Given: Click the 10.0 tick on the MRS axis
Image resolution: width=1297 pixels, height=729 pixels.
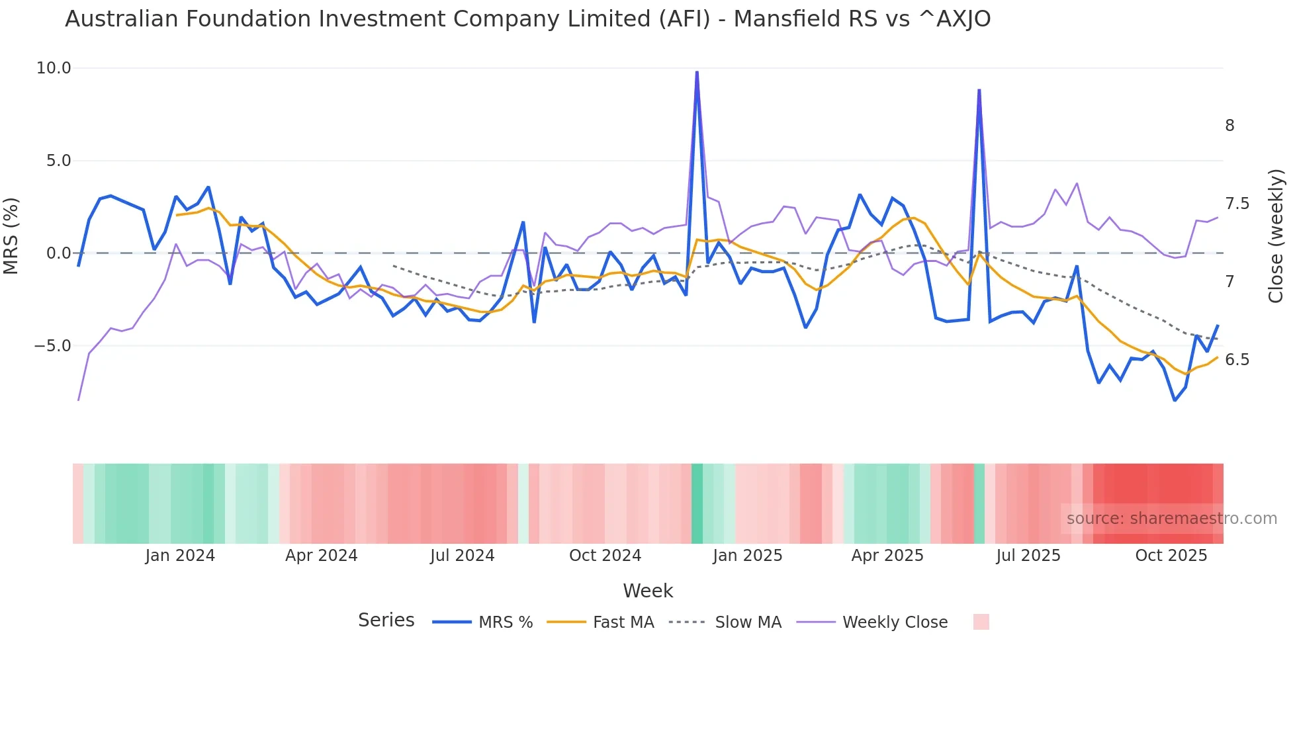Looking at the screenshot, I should (53, 68).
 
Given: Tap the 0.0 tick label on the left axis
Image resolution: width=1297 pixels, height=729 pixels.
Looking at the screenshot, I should (58, 253).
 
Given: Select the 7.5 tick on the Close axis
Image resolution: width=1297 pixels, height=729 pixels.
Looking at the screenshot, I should (1237, 204).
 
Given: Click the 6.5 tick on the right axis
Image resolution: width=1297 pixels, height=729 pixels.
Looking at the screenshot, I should (1237, 360).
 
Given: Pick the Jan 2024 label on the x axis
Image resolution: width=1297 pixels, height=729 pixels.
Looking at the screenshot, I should (180, 556).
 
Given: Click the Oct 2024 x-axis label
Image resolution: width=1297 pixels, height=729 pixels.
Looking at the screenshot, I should (605, 556).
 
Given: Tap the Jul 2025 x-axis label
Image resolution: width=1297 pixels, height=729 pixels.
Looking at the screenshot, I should (1028, 556).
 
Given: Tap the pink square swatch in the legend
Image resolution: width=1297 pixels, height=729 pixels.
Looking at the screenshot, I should (981, 622).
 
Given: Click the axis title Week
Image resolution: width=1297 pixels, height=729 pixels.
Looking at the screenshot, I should (647, 591).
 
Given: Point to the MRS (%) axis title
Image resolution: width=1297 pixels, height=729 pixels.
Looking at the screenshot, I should (11, 236).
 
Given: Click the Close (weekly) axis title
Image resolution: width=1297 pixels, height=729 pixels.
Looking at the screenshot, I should (1276, 236).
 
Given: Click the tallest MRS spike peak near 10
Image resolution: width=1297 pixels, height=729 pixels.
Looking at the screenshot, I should (697, 72).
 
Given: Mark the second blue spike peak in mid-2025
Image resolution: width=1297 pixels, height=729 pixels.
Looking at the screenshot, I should (979, 90).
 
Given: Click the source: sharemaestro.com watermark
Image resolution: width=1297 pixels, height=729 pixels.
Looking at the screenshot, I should (1171, 519).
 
